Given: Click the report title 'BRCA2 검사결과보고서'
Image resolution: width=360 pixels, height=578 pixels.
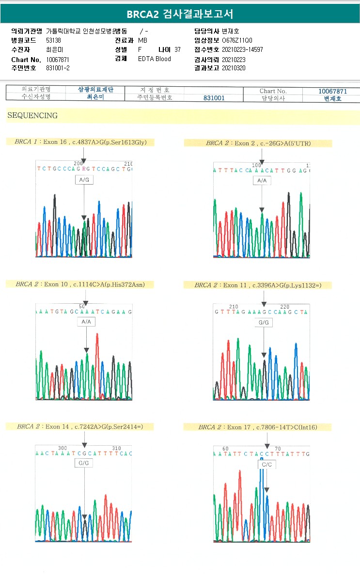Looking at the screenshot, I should (180, 14).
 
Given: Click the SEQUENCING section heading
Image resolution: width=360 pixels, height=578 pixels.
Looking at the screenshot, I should (32, 116).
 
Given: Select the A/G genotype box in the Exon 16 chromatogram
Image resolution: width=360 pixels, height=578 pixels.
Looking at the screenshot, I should (84, 180).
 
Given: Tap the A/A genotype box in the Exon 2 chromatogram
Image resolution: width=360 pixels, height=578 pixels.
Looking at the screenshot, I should (262, 181).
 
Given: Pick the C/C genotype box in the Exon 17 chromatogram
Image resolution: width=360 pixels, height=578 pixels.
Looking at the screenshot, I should (266, 464).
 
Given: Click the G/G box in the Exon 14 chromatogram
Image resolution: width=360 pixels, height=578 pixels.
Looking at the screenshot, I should (84, 463).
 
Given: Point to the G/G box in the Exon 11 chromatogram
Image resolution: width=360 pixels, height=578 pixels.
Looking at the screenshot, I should (264, 322).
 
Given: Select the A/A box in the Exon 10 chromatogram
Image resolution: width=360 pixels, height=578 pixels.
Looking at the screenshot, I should (86, 322).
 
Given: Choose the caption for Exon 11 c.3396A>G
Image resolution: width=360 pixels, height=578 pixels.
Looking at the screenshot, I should (258, 285).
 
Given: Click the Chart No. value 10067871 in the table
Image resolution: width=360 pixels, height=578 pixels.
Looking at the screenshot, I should (332, 91).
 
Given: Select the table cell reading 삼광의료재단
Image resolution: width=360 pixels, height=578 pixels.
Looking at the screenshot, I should (95, 90).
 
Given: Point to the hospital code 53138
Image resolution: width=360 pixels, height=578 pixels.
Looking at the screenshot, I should (53, 40).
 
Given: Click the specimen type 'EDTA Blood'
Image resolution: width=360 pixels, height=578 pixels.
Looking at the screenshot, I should (154, 59).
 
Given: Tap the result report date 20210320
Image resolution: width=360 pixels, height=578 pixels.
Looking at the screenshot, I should (234, 68).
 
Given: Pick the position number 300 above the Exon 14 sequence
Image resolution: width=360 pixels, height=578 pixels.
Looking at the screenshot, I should (63, 448).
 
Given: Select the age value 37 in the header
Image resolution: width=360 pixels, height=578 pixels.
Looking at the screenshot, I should (177, 50).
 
